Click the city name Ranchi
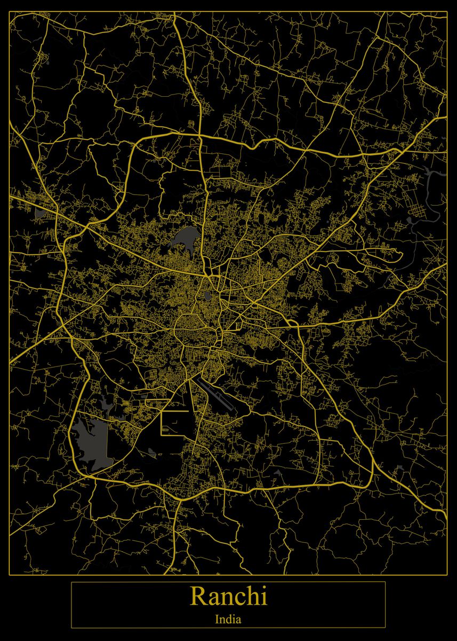point(228,596)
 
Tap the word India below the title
point(228,620)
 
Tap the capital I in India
point(217,620)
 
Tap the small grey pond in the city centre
point(207,295)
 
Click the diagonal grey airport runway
point(216,395)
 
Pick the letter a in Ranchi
point(213,599)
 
